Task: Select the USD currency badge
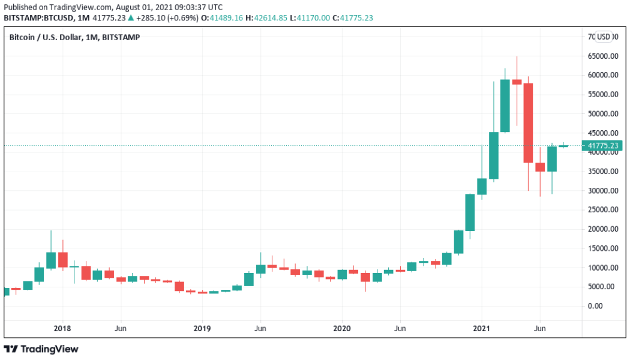click(604, 37)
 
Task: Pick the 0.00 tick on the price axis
click(596, 306)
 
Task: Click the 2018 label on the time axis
click(62, 329)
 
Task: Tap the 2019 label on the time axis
click(202, 329)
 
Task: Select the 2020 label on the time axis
click(342, 329)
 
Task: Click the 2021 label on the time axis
click(482, 329)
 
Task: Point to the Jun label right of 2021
click(540, 329)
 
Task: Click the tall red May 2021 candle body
click(529, 123)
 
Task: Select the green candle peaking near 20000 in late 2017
click(51, 260)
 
